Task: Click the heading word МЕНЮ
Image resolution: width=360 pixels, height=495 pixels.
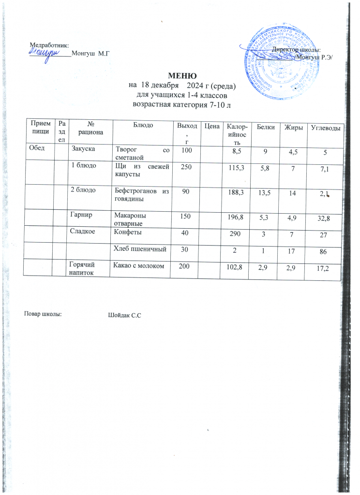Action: [182, 76]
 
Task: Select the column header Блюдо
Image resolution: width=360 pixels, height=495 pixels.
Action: [143, 126]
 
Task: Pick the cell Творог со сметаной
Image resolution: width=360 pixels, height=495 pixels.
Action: [141, 152]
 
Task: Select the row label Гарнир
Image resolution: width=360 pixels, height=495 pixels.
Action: [81, 215]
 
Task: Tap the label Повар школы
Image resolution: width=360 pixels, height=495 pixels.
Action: [43, 315]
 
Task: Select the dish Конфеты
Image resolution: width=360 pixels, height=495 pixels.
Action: [125, 233]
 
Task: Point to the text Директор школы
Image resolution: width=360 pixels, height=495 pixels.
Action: [295, 50]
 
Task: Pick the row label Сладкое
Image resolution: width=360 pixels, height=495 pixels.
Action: [83, 233]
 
